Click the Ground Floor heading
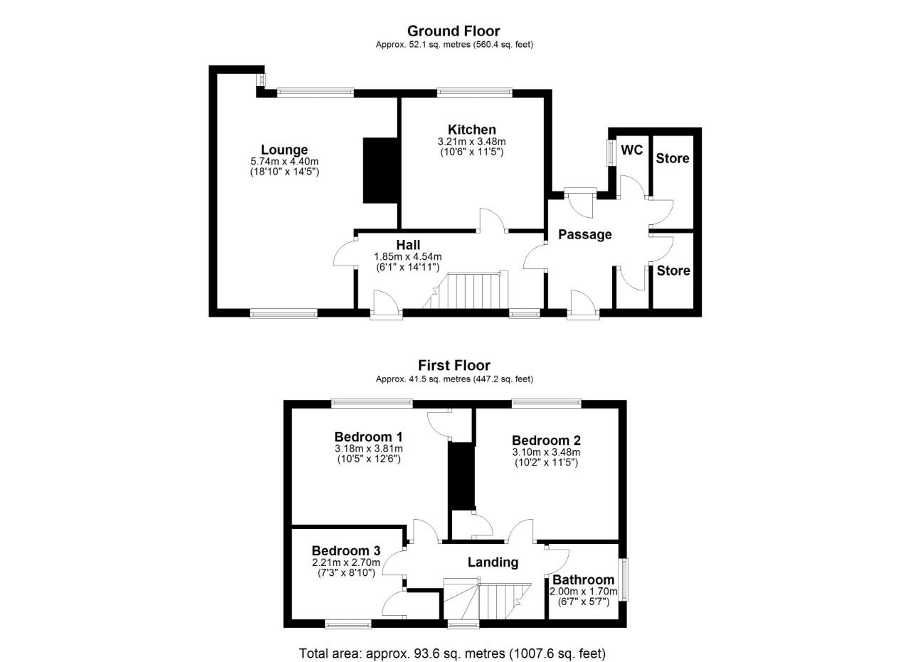point(453,31)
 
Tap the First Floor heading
point(453,366)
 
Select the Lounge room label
point(284,149)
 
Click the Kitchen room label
point(472,130)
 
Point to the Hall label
point(408,245)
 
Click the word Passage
point(584,234)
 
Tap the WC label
point(632,150)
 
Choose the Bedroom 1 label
point(369,436)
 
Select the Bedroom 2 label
point(546,441)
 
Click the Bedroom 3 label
point(346,550)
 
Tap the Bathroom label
point(583,579)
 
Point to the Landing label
point(493,562)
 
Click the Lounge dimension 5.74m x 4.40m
point(284,162)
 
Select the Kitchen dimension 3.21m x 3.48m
point(472,142)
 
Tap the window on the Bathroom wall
point(623,579)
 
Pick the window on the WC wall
point(611,152)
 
